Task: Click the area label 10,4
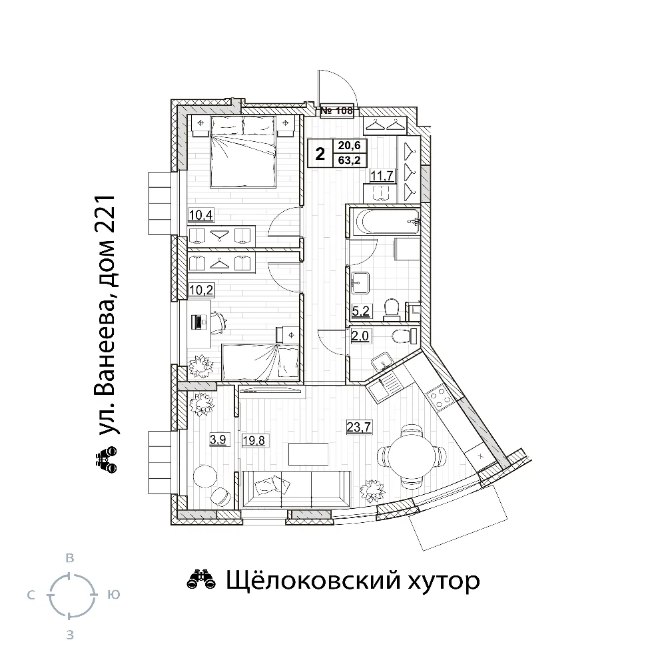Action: [201, 215]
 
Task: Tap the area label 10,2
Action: [201, 290]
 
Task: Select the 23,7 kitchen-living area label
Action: [360, 426]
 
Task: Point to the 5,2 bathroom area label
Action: [361, 311]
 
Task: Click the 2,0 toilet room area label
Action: [360, 336]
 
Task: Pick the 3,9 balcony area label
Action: [218, 439]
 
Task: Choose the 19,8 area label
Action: [254, 441]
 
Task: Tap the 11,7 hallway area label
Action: [382, 175]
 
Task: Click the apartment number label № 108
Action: [336, 111]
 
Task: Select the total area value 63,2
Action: [349, 161]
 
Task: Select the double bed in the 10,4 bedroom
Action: [244, 152]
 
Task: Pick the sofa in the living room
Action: [296, 489]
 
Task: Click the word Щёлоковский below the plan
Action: [312, 580]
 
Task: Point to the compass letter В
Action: [70, 558]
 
